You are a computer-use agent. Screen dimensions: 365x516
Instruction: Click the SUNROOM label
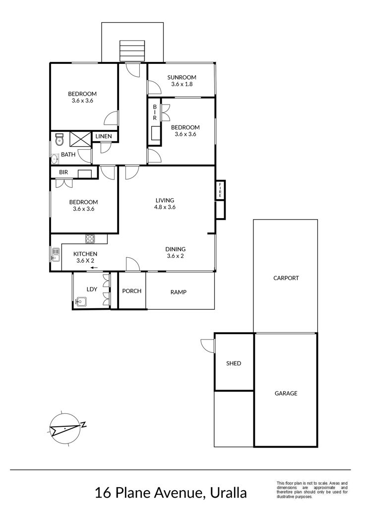tap(182, 77)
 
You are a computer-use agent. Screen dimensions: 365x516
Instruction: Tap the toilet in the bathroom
tap(59, 139)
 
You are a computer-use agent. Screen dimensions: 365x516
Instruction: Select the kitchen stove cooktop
tap(90, 238)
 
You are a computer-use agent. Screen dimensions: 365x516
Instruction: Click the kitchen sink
tap(56, 254)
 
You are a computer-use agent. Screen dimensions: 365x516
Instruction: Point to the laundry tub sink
tap(81, 301)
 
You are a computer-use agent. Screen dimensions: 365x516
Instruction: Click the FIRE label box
tap(220, 190)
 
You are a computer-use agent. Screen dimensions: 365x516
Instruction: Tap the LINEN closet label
tap(104, 136)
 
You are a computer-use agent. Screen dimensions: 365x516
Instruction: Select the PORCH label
tap(131, 291)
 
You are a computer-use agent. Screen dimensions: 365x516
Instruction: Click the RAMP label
tap(179, 292)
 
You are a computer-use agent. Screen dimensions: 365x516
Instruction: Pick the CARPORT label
tap(286, 278)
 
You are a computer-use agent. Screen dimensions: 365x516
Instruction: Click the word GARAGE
tap(286, 393)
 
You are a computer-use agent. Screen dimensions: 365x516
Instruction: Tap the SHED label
tap(234, 363)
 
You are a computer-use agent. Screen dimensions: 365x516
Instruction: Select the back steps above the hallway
tap(132, 51)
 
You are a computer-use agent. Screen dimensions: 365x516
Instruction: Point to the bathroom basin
tap(55, 160)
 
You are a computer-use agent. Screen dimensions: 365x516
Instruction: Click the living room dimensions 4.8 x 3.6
tap(165, 207)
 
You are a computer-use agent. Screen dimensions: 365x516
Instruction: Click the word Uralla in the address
tap(228, 493)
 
